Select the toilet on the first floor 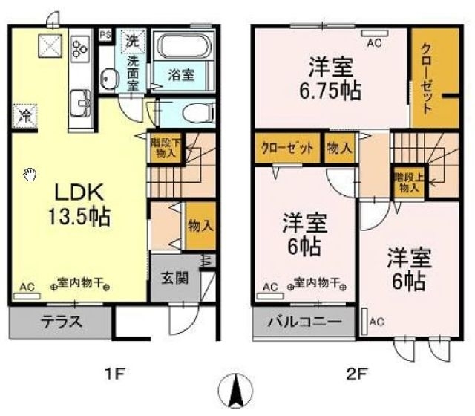pyautogui.click(x=195, y=114)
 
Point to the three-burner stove pyautogui.click(x=79, y=48)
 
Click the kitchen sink pyautogui.click(x=78, y=100)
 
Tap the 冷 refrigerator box pyautogui.click(x=25, y=116)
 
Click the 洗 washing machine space pyautogui.click(x=132, y=40)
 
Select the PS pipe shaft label pyautogui.click(x=105, y=34)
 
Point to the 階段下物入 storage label pyautogui.click(x=164, y=147)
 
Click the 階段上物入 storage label pyautogui.click(x=408, y=182)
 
